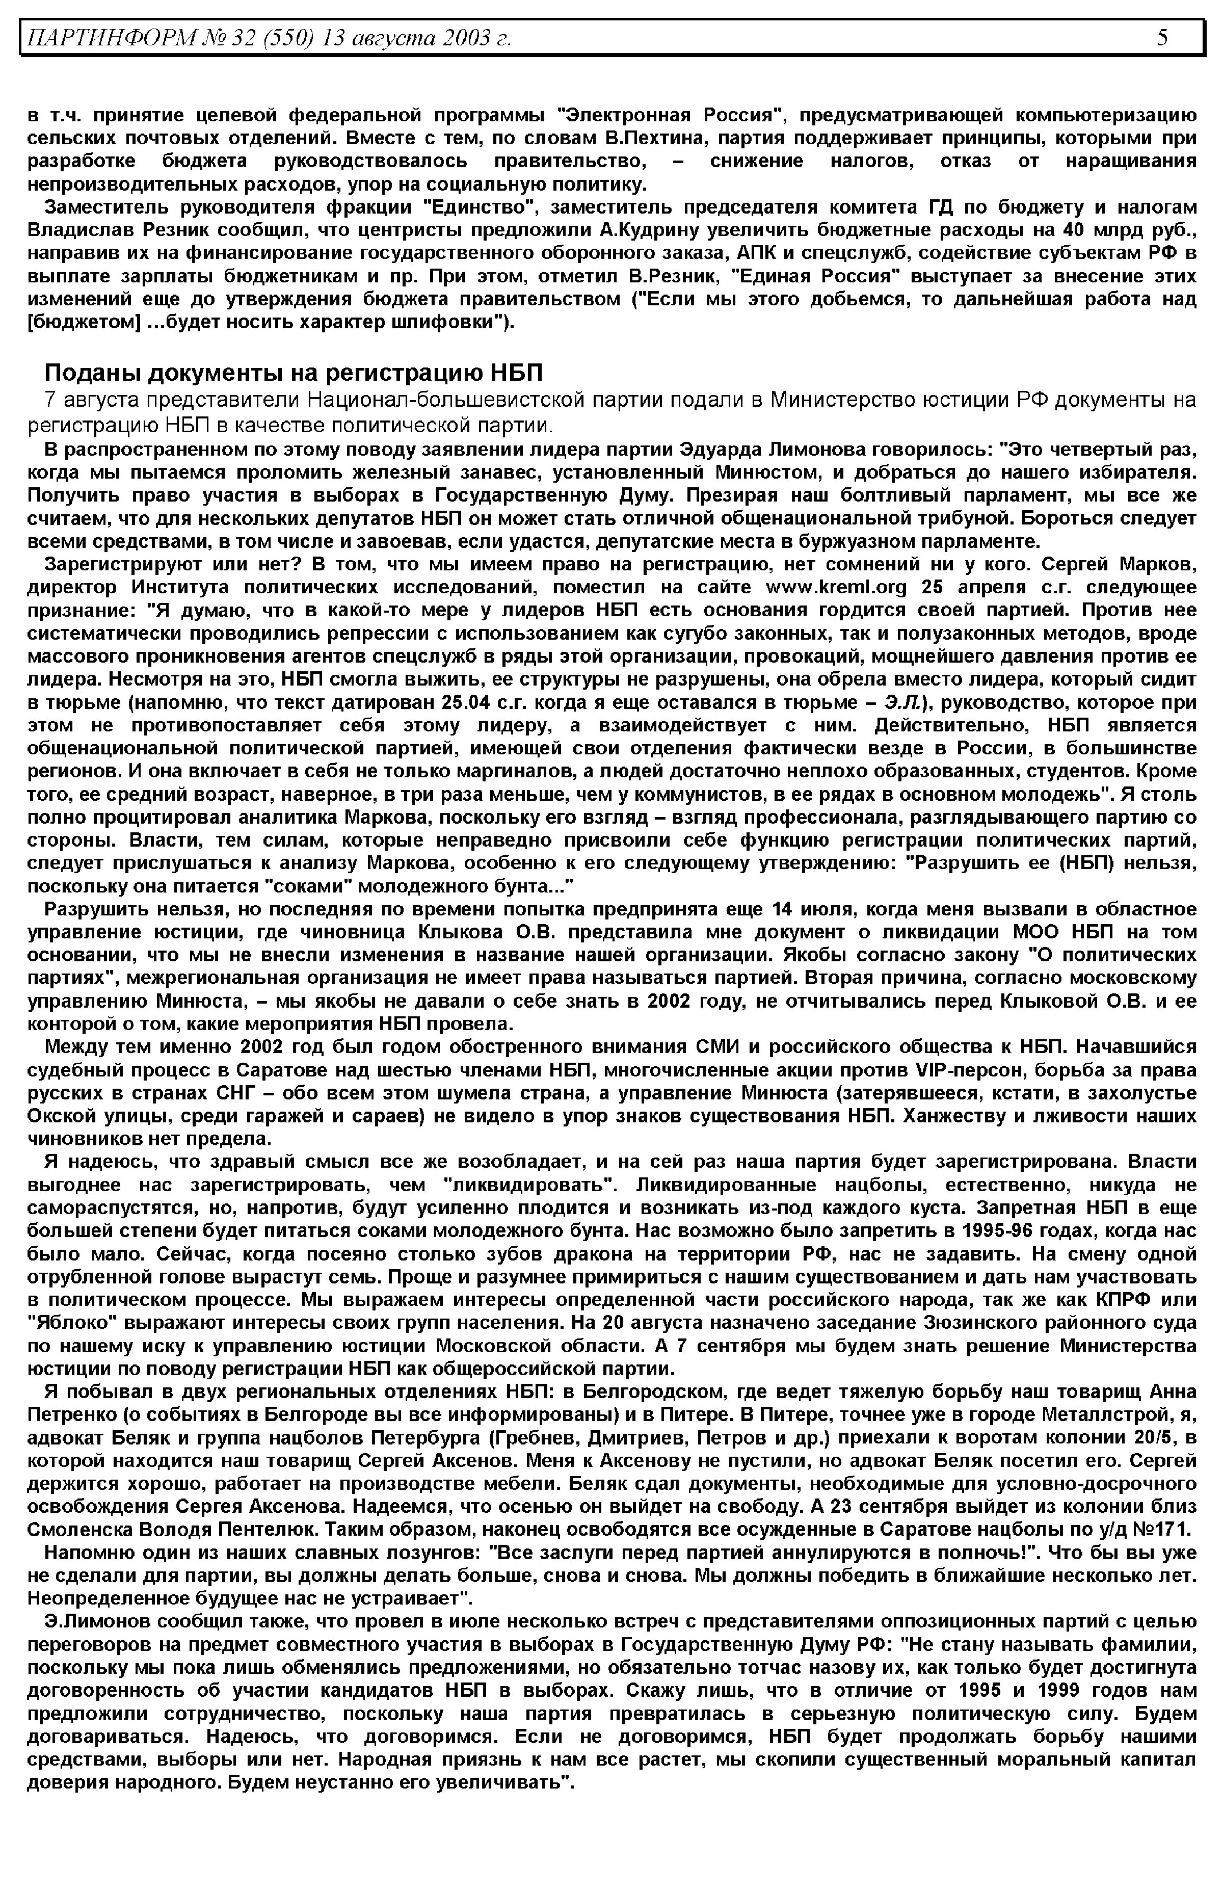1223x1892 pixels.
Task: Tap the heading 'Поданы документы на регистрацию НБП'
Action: point(294,373)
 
